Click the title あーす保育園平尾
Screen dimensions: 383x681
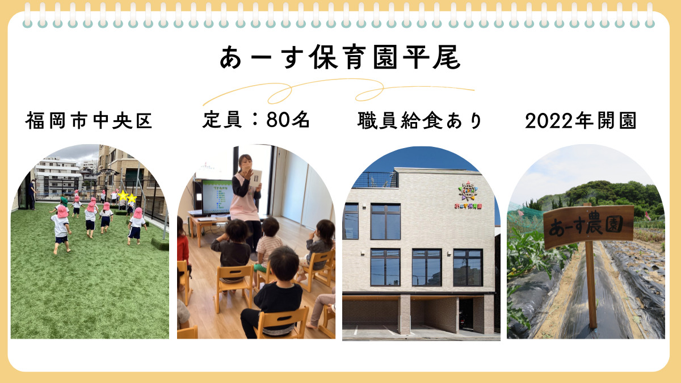tap(340, 57)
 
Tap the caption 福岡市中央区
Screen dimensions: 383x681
tap(89, 121)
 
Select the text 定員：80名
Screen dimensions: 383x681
tap(256, 120)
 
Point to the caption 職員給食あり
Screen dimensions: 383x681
tap(420, 121)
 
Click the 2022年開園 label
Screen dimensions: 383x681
tap(581, 121)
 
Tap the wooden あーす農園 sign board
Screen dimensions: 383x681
tap(588, 227)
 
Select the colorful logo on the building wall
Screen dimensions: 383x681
tap(469, 193)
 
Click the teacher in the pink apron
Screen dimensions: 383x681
tap(245, 193)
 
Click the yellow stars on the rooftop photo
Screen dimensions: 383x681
tap(127, 196)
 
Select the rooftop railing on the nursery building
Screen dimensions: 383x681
tap(375, 179)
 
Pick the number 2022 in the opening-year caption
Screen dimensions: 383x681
tap(547, 121)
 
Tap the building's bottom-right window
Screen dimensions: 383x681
tap(468, 267)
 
